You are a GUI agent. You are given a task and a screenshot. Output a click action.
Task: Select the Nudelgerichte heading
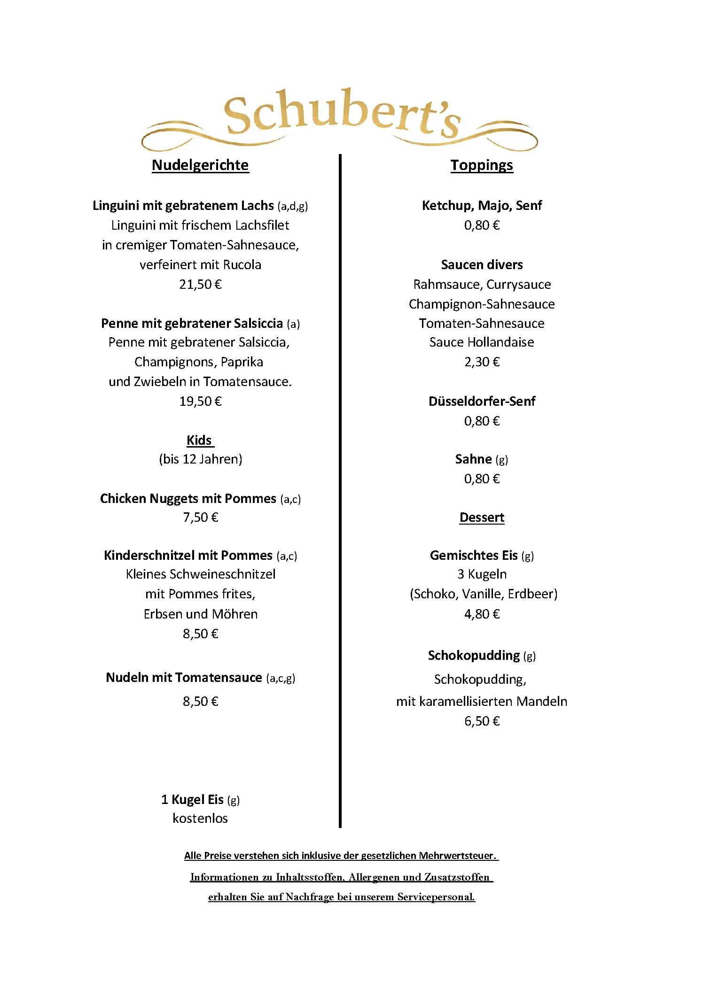click(x=200, y=165)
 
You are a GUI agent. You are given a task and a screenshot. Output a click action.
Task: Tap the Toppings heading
click(x=482, y=165)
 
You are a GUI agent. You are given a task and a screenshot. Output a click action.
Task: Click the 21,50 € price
click(x=200, y=285)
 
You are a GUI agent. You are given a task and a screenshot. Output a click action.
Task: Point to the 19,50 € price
click(x=200, y=402)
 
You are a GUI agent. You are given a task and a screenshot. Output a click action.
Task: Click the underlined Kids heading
click(x=199, y=441)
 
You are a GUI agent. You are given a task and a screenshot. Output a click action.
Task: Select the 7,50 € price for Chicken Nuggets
click(x=201, y=518)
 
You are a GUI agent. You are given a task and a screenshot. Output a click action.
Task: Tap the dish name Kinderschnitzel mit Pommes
click(x=188, y=556)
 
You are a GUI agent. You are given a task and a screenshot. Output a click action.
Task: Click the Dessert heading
click(x=482, y=518)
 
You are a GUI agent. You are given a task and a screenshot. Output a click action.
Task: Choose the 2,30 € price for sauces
click(x=482, y=362)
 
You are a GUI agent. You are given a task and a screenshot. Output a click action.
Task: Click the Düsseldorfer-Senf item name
click(x=482, y=402)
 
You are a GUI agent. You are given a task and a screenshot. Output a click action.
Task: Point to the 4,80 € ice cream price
click(x=482, y=614)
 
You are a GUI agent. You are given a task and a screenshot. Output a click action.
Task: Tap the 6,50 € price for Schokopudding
click(x=482, y=721)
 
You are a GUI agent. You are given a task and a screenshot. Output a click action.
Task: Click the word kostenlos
click(x=200, y=819)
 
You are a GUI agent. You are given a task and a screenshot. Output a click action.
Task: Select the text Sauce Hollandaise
click(x=482, y=342)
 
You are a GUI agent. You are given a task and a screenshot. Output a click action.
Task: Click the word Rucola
click(x=242, y=265)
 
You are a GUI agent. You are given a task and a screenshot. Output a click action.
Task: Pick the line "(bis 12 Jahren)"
click(x=201, y=459)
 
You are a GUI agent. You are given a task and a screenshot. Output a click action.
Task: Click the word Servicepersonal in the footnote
click(x=436, y=897)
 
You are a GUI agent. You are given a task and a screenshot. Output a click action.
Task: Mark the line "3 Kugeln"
click(x=482, y=574)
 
